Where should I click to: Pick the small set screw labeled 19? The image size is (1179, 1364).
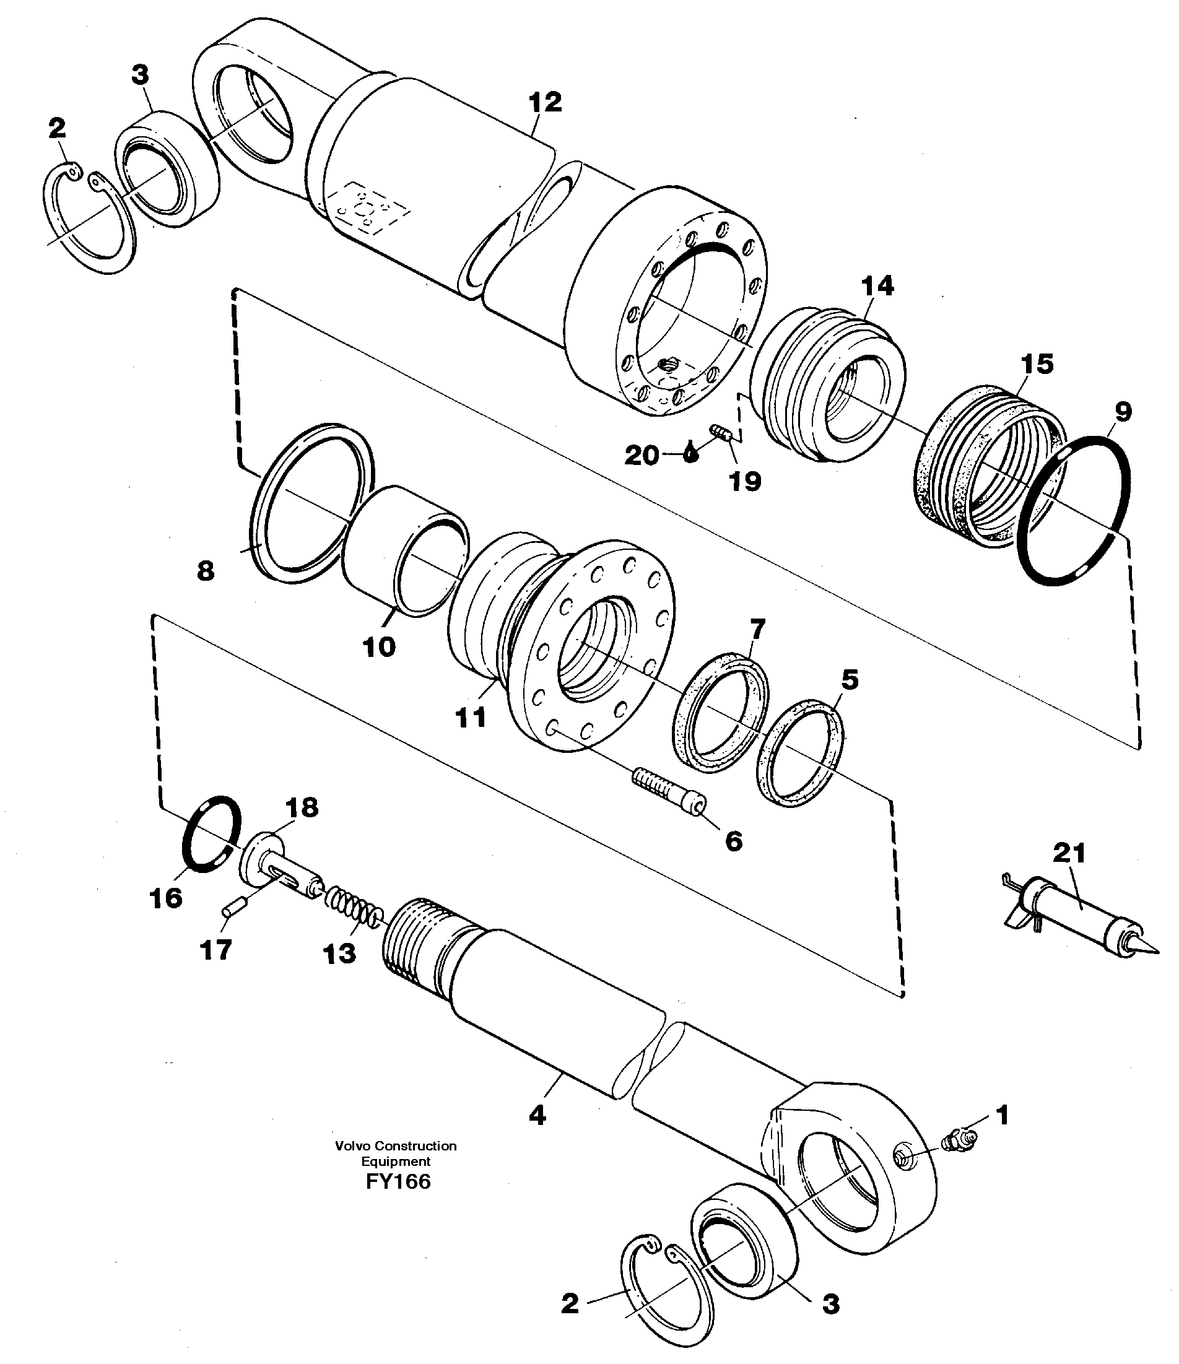click(x=720, y=433)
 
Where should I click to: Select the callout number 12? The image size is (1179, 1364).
click(x=545, y=102)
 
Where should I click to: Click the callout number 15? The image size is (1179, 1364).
click(x=1037, y=363)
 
